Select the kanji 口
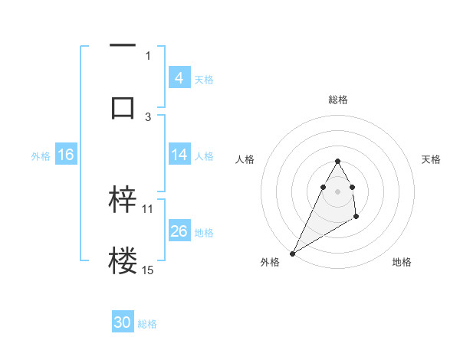[123, 108]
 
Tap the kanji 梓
[123, 200]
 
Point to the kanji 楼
[123, 261]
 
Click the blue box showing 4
[179, 77]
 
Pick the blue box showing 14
[179, 155]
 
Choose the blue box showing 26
[179, 231]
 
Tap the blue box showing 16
[66, 155]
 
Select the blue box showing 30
[123, 322]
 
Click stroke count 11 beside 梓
[148, 208]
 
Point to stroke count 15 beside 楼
[148, 270]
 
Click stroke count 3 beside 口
[148, 116]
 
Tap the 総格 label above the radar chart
[337, 100]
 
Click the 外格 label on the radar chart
[270, 262]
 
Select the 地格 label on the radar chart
[402, 262]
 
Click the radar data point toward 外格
[292, 253]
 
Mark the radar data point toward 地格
[356, 218]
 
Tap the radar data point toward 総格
[337, 161]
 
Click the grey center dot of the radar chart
[337, 191]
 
